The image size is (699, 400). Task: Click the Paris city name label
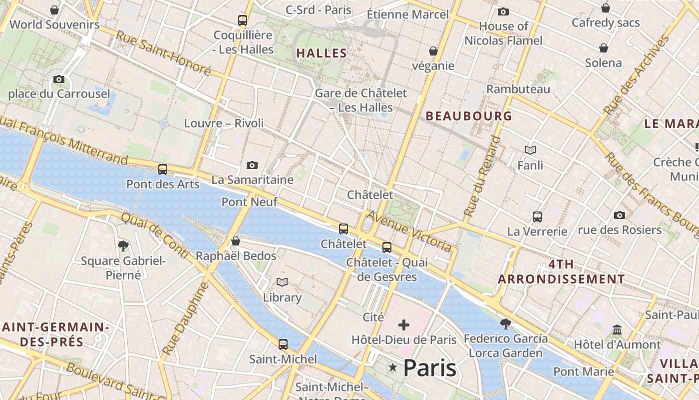click(x=429, y=368)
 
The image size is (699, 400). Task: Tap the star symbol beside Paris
click(x=393, y=368)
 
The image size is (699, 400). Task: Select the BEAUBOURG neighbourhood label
click(x=468, y=116)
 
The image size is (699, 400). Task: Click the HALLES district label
click(x=322, y=53)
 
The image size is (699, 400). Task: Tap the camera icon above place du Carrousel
click(x=59, y=79)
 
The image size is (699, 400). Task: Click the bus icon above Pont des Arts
click(x=163, y=169)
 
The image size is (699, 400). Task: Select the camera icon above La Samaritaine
click(x=252, y=165)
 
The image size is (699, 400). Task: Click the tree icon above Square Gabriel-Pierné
click(x=123, y=245)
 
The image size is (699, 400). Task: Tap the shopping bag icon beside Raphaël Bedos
click(x=236, y=241)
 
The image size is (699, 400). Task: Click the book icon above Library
click(x=282, y=282)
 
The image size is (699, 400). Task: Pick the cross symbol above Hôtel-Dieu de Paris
click(x=404, y=325)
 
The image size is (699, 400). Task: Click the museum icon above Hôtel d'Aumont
click(x=617, y=330)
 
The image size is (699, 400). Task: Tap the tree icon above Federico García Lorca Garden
click(x=505, y=323)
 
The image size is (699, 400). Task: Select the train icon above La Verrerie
click(x=537, y=217)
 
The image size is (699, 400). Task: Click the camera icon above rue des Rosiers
click(x=620, y=215)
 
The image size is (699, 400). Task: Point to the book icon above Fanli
click(x=530, y=150)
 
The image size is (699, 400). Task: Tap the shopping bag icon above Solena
click(x=604, y=48)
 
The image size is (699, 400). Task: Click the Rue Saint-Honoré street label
click(x=163, y=53)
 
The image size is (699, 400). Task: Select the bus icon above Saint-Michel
click(x=283, y=344)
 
